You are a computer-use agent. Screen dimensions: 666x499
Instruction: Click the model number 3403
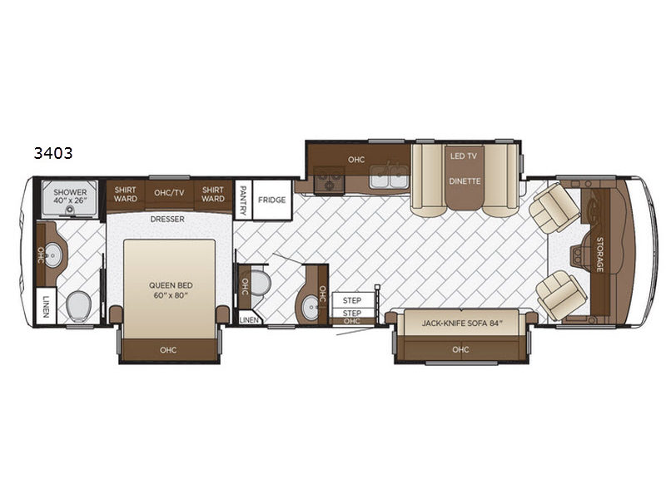point(53,153)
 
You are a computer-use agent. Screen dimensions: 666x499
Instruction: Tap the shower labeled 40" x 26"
point(70,199)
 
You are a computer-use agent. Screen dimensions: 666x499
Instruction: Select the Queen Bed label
point(171,290)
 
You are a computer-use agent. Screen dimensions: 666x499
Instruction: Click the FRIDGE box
point(272,200)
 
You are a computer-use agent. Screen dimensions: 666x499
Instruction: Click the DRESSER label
point(167,220)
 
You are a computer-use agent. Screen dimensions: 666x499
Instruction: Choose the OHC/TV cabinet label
point(169,193)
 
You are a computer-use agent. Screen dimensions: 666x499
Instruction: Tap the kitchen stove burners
point(329,180)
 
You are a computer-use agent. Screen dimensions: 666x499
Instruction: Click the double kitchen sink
point(389,177)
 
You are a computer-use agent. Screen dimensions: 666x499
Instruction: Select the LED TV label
point(464,156)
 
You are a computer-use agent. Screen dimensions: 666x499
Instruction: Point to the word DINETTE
point(465,181)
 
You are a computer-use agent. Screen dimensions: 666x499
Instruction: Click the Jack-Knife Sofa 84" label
point(462,324)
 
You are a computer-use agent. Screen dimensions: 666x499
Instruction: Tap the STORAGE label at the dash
point(599,254)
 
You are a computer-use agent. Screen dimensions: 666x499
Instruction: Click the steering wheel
point(578,255)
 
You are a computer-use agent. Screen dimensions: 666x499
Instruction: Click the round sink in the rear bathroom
point(53,255)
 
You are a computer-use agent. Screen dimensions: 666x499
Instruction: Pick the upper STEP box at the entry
point(352,300)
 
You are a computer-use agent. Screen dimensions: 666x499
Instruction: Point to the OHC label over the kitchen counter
point(356,160)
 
